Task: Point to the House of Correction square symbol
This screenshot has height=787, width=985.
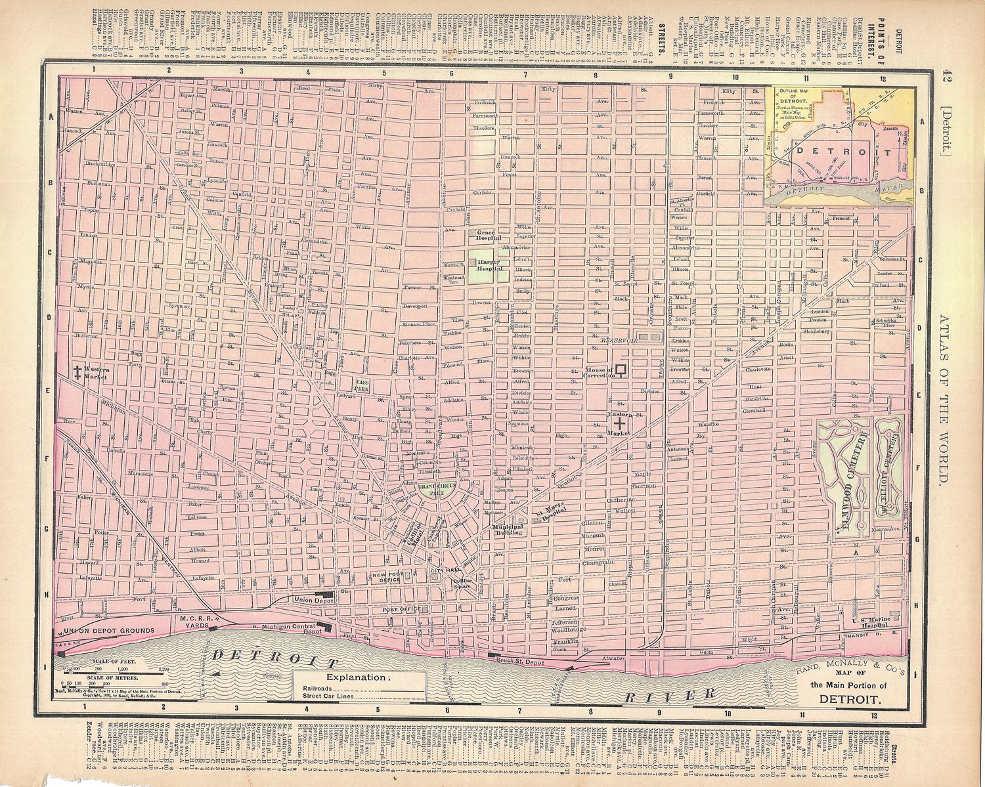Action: click(619, 370)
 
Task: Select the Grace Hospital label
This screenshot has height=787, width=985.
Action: click(489, 236)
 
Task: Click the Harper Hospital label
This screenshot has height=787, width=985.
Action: click(488, 265)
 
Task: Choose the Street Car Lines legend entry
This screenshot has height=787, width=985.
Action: click(330, 698)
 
